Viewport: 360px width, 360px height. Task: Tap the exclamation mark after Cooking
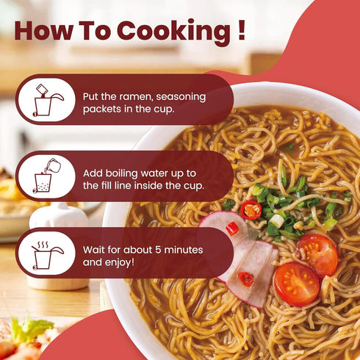pos(242,30)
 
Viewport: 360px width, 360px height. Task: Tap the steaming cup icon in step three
pos(48,255)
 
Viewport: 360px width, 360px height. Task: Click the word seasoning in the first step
pos(181,97)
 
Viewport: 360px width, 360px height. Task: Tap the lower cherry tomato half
pos(297,284)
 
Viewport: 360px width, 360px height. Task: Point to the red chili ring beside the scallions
pos(251,210)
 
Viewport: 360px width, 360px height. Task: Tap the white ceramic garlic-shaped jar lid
pos(59,215)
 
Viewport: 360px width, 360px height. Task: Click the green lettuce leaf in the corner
pos(31,328)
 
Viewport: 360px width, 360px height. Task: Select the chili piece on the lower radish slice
pos(246,279)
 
